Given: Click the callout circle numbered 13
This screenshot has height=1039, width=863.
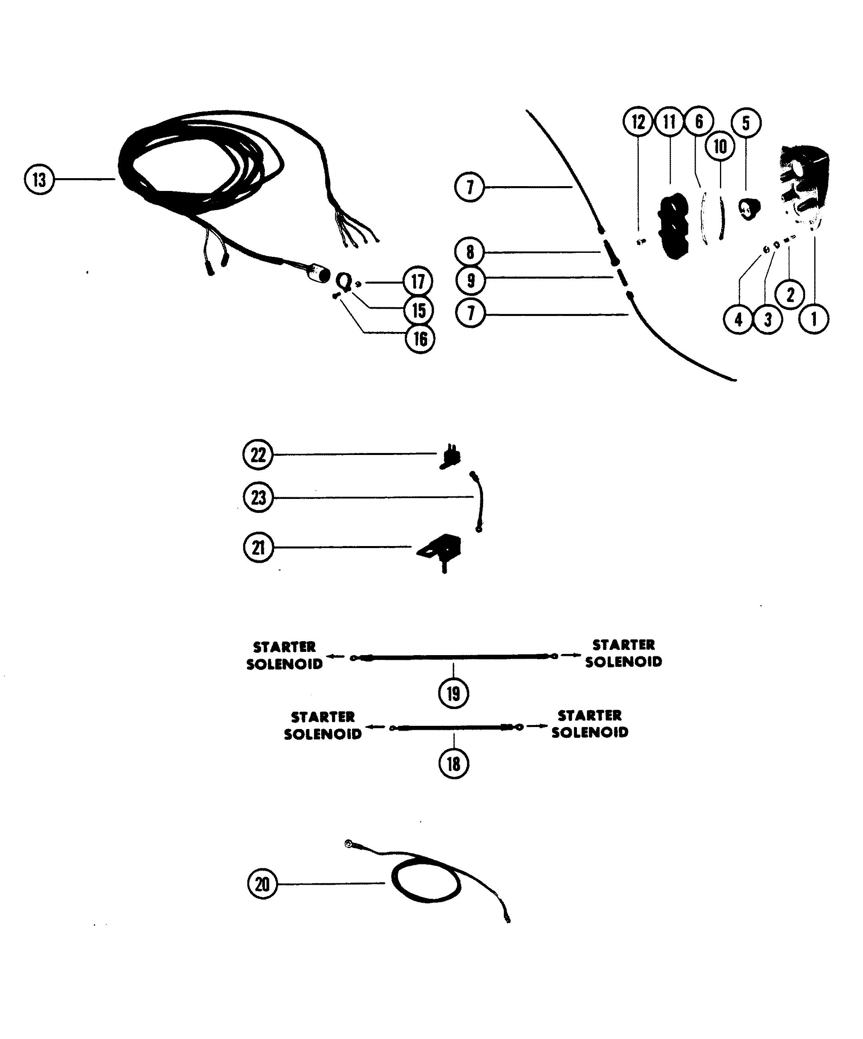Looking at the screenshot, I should (39, 180).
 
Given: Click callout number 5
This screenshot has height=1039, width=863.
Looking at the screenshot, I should (746, 123).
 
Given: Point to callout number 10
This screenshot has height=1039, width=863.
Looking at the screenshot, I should (720, 147).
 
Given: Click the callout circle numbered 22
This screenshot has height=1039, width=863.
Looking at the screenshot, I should (258, 455).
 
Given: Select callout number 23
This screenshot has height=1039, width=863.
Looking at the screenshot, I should (258, 497).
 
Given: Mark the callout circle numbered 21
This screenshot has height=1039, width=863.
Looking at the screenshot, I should (258, 548).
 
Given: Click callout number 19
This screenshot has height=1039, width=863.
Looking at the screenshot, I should (453, 693).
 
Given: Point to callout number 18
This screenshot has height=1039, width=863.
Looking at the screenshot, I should (453, 764).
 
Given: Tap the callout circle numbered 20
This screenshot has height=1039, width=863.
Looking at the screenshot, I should (262, 884).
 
